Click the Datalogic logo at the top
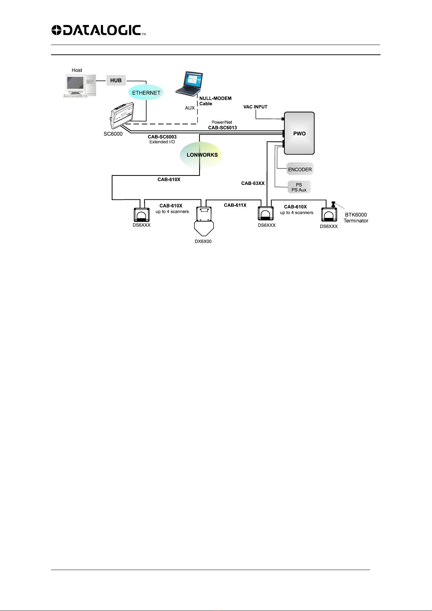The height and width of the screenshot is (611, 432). coord(99,30)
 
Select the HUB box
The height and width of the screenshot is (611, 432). coord(116,80)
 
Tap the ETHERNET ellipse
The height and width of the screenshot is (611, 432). coord(146,92)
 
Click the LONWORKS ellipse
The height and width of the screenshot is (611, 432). coord(201,155)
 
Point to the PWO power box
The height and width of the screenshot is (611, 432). coord(299,133)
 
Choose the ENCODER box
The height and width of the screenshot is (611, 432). coord(300,169)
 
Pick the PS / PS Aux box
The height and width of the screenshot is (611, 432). coord(299,187)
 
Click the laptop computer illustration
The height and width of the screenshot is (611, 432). coord(189,83)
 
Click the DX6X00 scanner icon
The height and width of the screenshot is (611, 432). coord(204,221)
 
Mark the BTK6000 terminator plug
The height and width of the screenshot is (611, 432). coord(333,204)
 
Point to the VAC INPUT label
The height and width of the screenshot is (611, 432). coord(255,107)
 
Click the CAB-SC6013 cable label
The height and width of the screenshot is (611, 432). coord(222,128)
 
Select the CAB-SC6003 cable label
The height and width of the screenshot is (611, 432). coord(162,137)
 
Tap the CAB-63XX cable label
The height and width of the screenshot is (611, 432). coord(253,183)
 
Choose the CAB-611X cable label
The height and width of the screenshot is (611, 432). coord(235,205)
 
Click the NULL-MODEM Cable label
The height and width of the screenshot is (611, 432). coord(215,101)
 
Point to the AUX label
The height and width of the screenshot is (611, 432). coord(190,108)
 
